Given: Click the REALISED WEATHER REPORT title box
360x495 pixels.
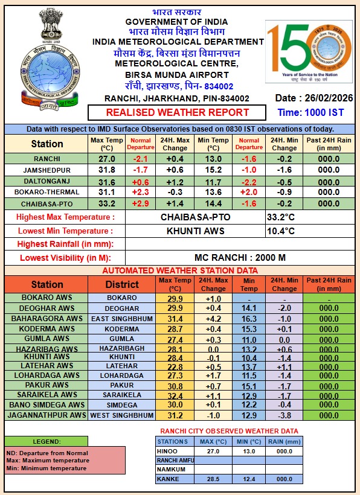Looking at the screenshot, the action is point(178,112).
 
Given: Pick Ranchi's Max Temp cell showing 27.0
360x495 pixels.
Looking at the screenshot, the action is point(106,158).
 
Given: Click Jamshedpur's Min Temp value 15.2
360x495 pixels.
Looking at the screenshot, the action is point(214,170).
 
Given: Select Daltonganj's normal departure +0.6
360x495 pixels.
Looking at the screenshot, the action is point(140,181).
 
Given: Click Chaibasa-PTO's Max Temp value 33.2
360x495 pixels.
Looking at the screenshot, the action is point(106,203).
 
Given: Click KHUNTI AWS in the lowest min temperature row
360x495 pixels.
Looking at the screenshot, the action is point(195,231).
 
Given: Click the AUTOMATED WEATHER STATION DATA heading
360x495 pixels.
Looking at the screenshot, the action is point(180,270).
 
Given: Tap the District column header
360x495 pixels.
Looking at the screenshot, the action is point(122,284).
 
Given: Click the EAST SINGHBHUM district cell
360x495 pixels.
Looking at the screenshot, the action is point(122,319).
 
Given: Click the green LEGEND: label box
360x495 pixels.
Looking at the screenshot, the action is point(46,441).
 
